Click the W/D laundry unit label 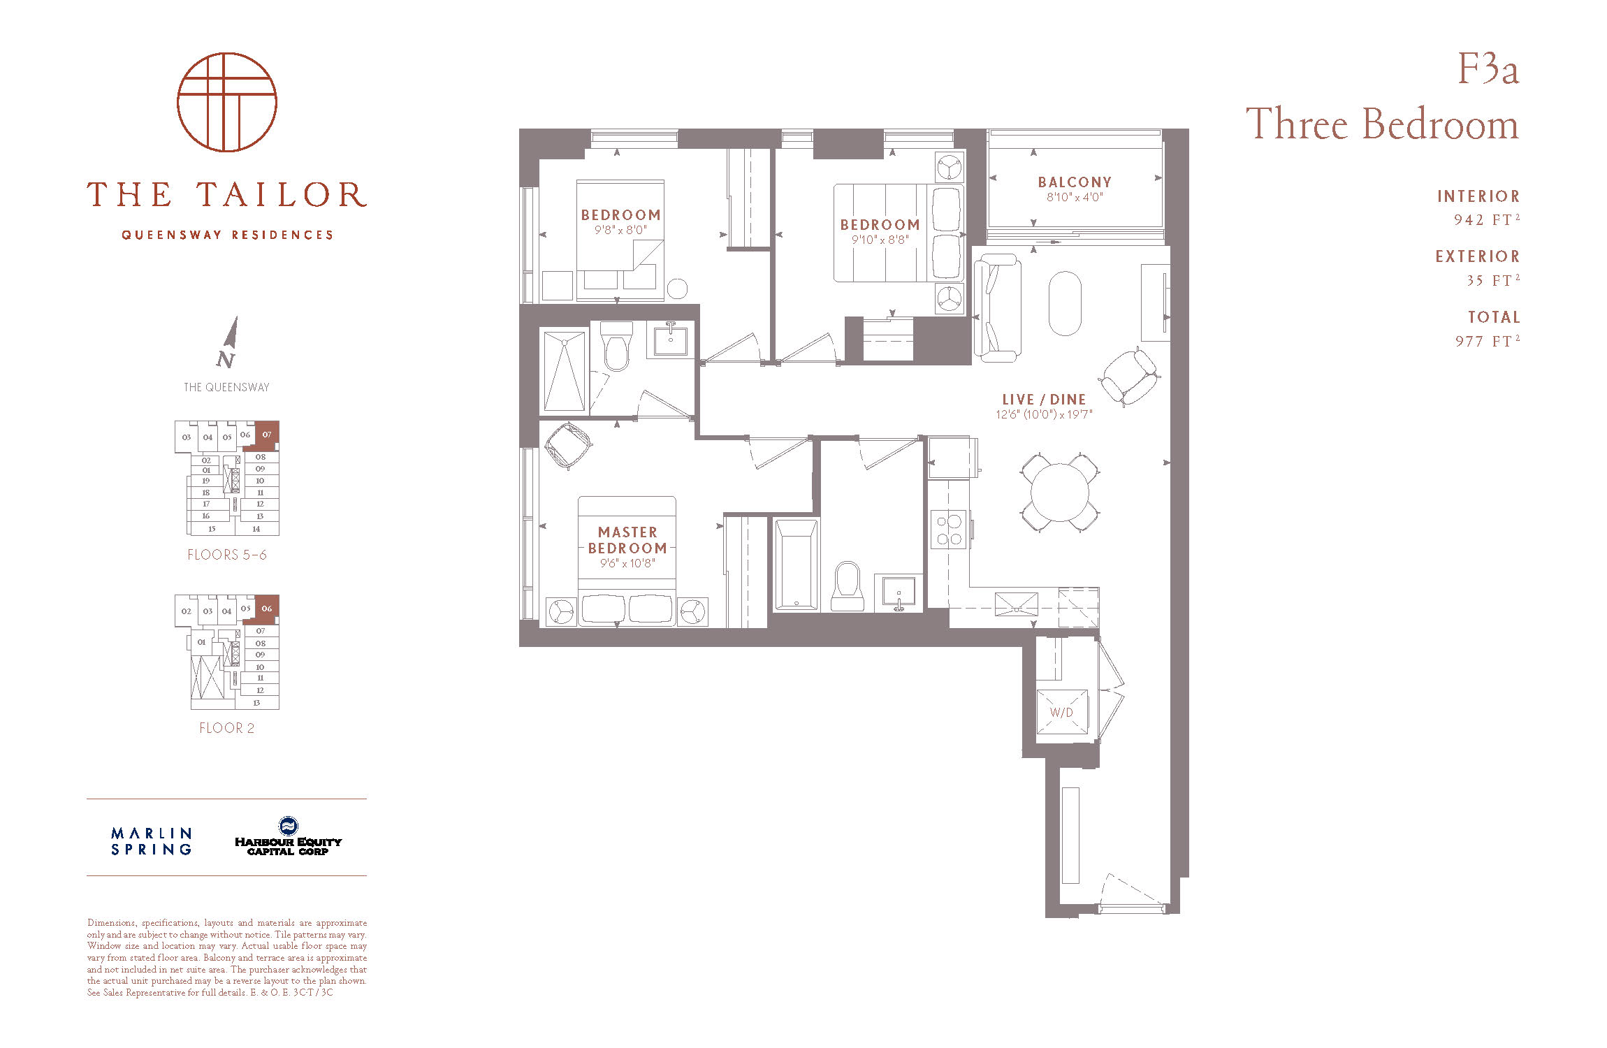[1061, 713]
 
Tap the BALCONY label [1075, 182]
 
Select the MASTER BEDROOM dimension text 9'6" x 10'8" [627, 563]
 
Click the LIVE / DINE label [1044, 400]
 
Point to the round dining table [1060, 492]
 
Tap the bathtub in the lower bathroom [796, 565]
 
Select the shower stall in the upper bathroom [564, 371]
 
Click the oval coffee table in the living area [1065, 303]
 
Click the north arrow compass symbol [228, 342]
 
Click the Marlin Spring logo [151, 841]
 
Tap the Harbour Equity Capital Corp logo [288, 836]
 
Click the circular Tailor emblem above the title [227, 102]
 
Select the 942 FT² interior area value [1487, 219]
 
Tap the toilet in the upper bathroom [616, 347]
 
